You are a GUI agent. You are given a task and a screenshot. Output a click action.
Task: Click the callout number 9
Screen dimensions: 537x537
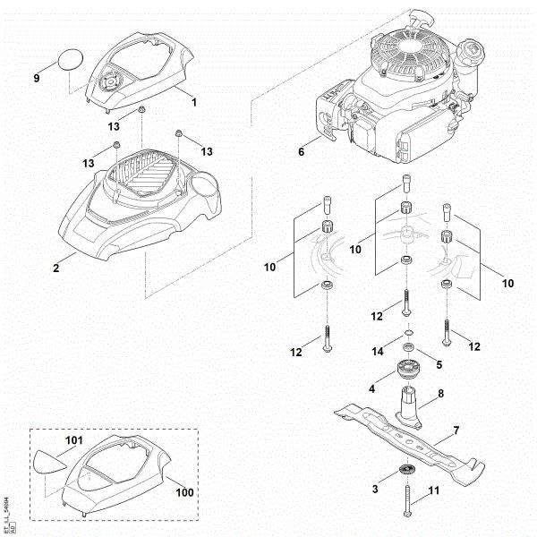(x=37, y=79)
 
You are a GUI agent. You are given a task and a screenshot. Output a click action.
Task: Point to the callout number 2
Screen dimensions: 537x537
(x=55, y=266)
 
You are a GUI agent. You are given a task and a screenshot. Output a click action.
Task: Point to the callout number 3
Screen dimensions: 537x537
(x=376, y=490)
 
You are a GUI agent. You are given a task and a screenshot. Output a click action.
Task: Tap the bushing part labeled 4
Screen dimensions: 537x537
(x=409, y=371)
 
